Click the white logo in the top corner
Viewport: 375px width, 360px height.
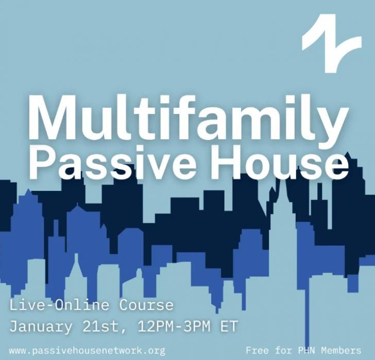click(332, 43)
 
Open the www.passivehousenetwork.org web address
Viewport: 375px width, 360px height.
click(87, 351)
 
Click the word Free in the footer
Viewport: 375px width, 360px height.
click(258, 351)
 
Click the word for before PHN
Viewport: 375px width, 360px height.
click(284, 351)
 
